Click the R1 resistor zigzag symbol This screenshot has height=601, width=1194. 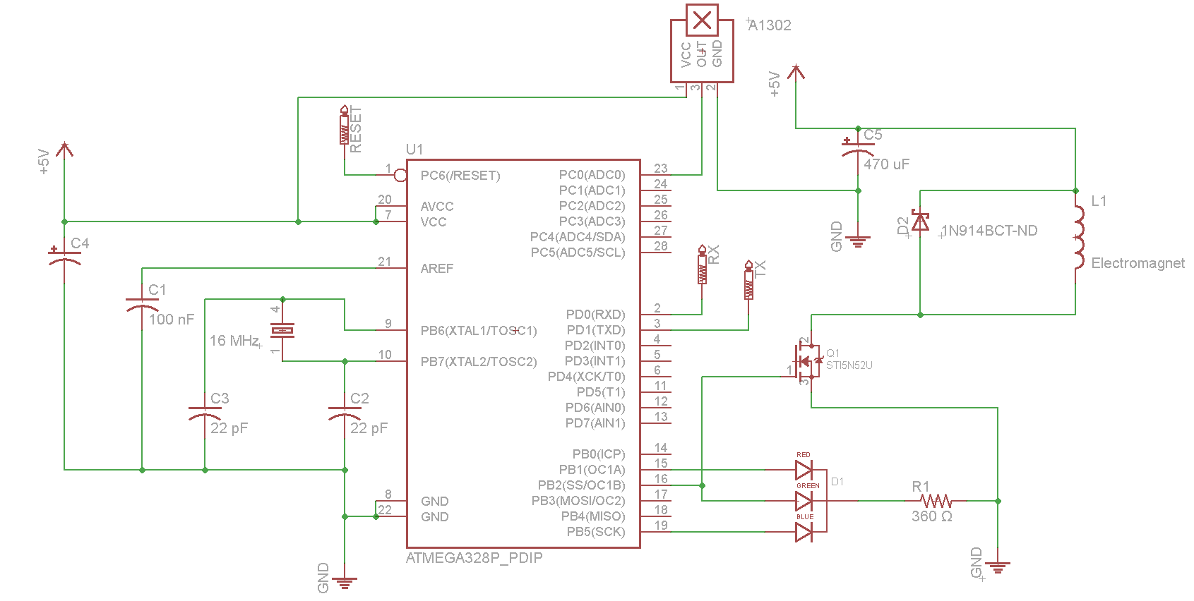point(936,501)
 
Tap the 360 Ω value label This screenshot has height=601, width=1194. point(932,516)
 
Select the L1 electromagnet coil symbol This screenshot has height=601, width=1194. point(1079,237)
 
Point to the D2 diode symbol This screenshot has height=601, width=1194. point(921,220)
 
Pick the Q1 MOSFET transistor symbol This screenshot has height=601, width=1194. point(806,361)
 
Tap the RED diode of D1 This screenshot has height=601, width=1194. point(804,470)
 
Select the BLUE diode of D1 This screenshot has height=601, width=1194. point(804,532)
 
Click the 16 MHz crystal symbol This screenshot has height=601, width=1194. point(282,331)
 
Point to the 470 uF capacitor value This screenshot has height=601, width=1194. point(886,164)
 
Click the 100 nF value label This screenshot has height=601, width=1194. point(172,320)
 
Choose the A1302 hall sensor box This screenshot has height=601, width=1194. point(702,44)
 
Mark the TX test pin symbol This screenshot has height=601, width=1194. point(748,280)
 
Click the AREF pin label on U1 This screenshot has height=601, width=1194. point(437,268)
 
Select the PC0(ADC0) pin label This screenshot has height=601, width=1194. point(592,175)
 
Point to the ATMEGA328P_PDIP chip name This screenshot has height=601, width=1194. point(474,558)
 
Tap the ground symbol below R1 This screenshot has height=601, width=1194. point(998,567)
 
